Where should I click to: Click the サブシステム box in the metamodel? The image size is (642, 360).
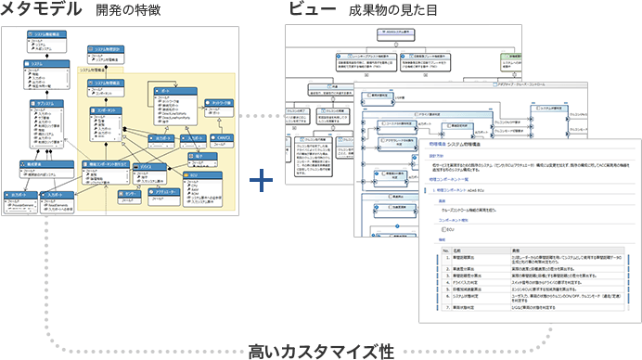pyautogui.click(x=42, y=102)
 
